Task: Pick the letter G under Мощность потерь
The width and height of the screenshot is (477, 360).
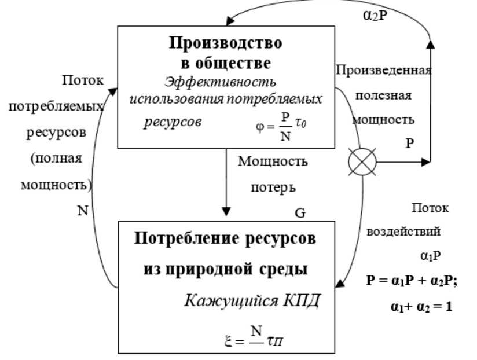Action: click(300, 213)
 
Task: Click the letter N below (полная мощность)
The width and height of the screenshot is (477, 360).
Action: click(83, 211)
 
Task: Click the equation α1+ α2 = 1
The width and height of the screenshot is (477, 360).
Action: click(420, 305)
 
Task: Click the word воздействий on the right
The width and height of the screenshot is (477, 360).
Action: click(404, 232)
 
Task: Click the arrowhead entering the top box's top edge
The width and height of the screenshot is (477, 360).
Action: click(230, 21)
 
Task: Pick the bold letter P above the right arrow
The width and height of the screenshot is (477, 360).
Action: click(409, 142)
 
